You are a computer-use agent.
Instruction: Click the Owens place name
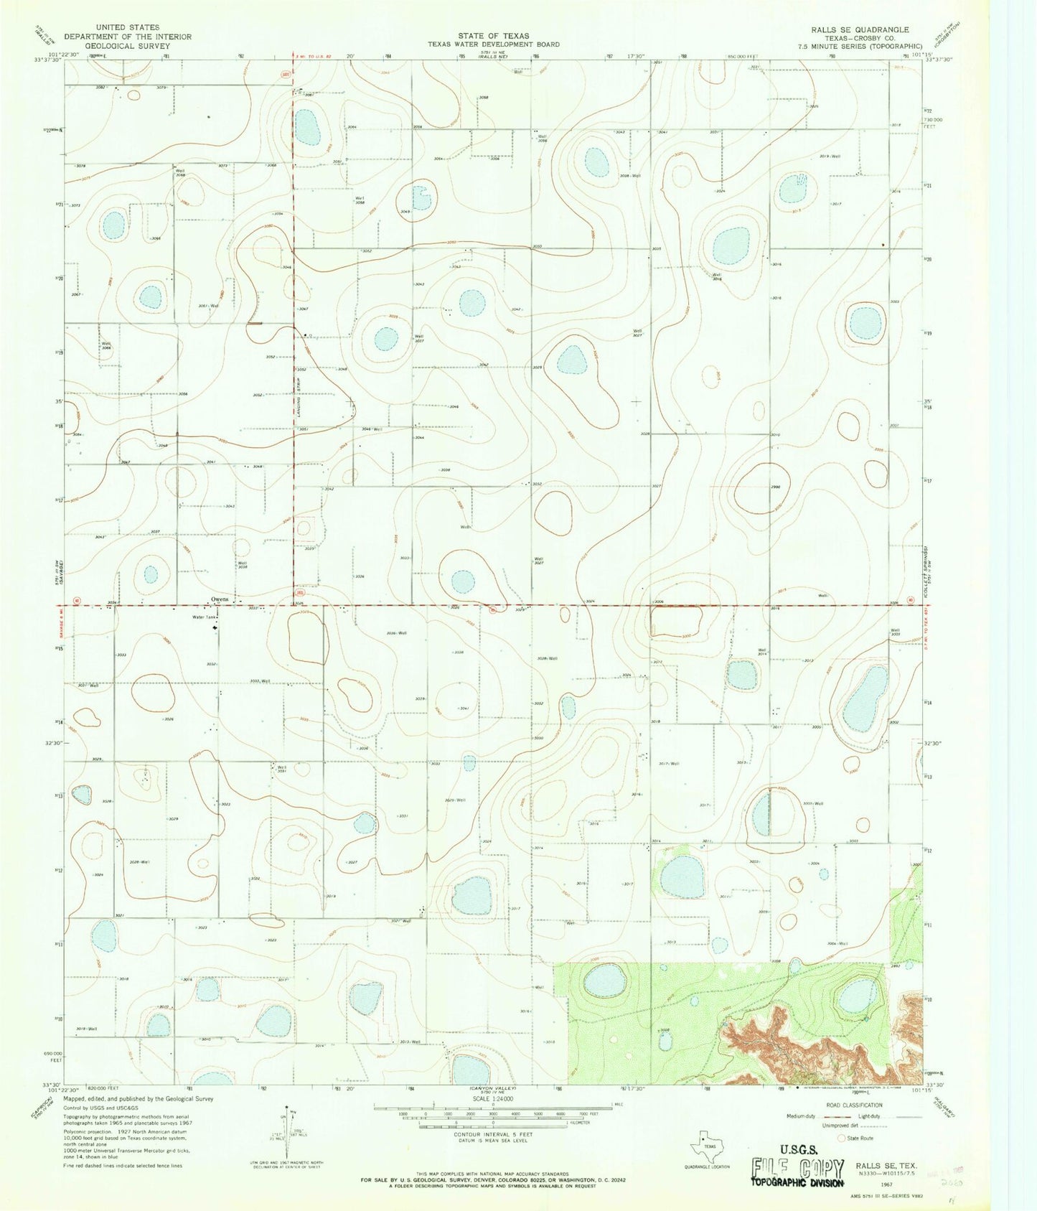pyautogui.click(x=219, y=599)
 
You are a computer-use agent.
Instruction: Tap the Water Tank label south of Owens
pyautogui.click(x=204, y=617)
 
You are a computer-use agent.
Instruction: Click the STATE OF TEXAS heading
pyautogui.click(x=494, y=35)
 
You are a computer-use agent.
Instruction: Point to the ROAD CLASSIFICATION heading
pyautogui.click(x=854, y=1105)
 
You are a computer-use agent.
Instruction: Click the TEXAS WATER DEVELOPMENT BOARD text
pyautogui.click(x=494, y=44)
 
